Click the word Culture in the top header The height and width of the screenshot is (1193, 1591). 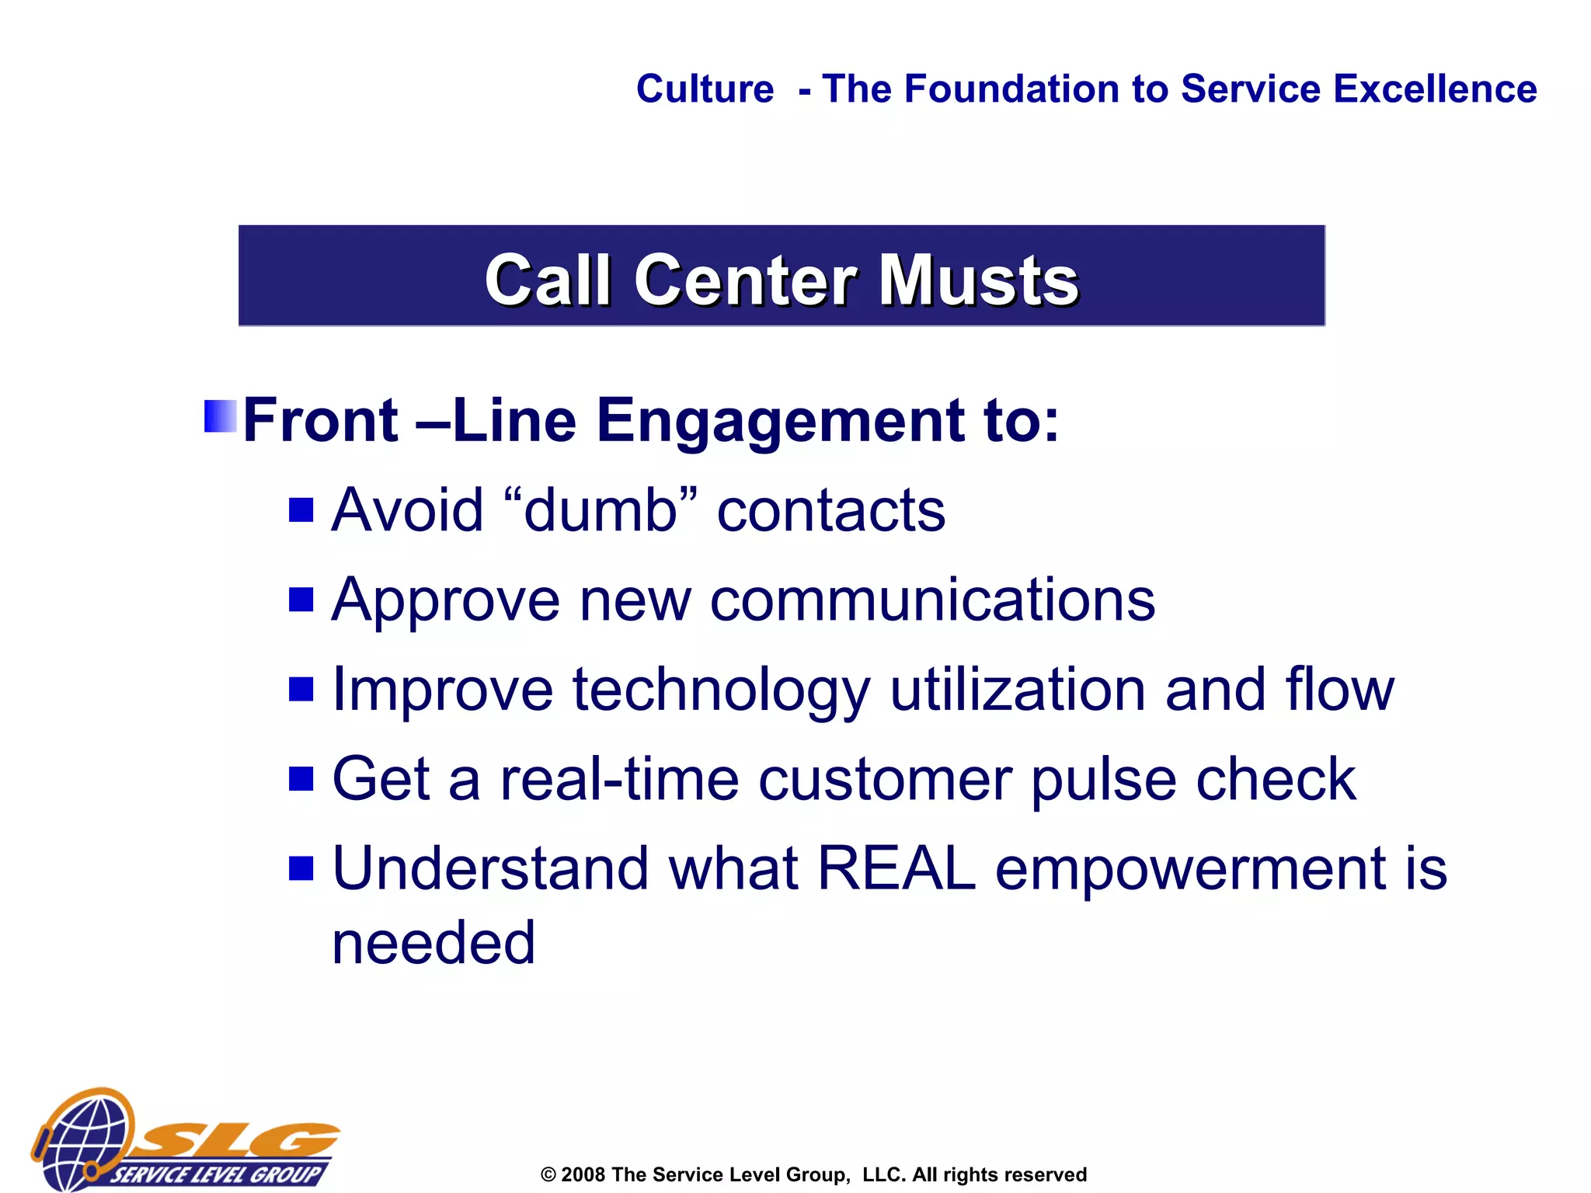click(705, 89)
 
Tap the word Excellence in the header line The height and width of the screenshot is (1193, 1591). click(1435, 89)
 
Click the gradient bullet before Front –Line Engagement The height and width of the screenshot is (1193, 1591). click(220, 416)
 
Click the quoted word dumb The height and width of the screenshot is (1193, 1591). click(600, 510)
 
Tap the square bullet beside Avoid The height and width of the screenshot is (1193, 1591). click(301, 510)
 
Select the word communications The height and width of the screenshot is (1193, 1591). click(932, 600)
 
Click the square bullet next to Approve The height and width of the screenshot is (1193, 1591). click(301, 600)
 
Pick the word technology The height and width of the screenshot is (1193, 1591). click(721, 690)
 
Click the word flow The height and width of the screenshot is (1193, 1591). click(1339, 690)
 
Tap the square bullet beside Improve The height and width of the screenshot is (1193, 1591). click(301, 689)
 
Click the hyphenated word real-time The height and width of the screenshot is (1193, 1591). click(618, 779)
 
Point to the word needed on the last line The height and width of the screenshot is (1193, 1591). click(433, 943)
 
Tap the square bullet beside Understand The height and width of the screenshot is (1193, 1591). click(301, 868)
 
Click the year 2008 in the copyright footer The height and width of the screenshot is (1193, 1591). click(583, 1174)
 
